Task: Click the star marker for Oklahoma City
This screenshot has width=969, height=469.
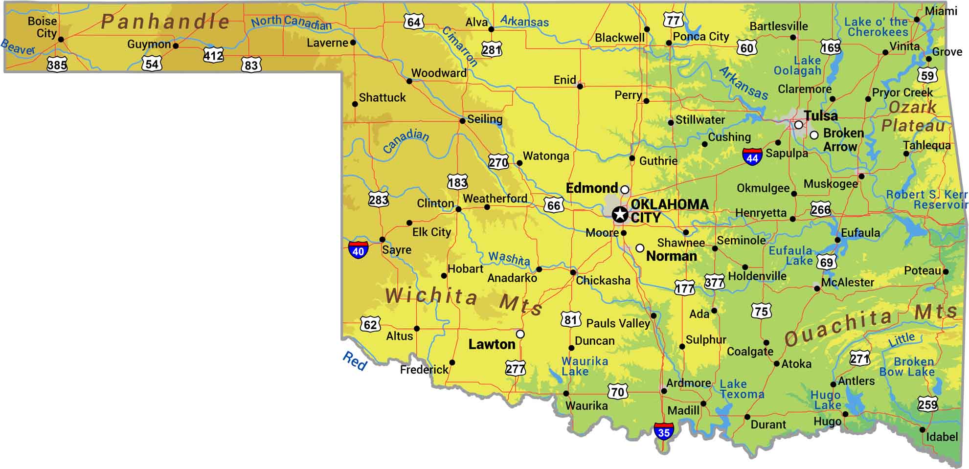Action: pos(620,214)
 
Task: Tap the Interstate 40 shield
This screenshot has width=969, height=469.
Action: pos(358,250)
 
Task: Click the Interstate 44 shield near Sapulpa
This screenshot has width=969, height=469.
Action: pos(752,157)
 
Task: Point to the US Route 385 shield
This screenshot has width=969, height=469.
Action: pos(57,64)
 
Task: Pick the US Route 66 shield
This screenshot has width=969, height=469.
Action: pos(554,205)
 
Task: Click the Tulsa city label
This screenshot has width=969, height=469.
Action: pos(821,116)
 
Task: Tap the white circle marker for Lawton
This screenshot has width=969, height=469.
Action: pos(520,334)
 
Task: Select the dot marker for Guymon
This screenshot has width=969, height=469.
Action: pos(176,46)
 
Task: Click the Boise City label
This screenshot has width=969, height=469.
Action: pos(43,27)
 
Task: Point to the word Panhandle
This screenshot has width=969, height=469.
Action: pos(165,22)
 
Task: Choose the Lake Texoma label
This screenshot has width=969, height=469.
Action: pos(741,389)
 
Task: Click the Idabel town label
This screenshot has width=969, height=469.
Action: pos(942,437)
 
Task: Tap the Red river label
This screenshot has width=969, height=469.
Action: pos(355,361)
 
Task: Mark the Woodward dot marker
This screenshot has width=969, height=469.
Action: pos(409,81)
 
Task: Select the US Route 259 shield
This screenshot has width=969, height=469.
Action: pos(927,404)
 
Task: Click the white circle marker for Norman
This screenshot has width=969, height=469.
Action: pos(640,248)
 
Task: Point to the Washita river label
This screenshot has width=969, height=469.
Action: pos(509,258)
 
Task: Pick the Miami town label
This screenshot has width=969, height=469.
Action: pos(941,11)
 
